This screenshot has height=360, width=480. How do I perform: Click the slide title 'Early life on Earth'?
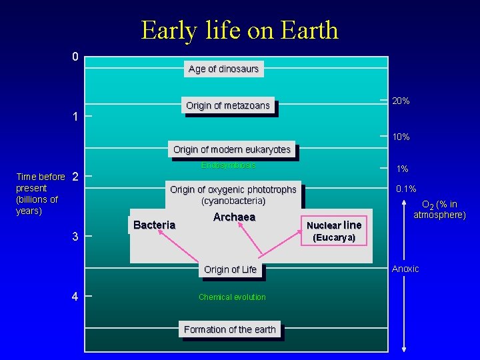point(239,31)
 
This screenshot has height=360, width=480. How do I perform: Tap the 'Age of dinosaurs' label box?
point(223,69)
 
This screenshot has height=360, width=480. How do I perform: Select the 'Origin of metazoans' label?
point(228,105)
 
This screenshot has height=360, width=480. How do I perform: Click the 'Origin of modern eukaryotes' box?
point(232,149)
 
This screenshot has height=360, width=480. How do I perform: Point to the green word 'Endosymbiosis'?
point(228,165)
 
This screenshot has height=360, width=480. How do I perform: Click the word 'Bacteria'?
point(154,225)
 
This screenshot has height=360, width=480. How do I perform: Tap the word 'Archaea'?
point(234,217)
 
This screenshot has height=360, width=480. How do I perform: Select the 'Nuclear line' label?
point(334,225)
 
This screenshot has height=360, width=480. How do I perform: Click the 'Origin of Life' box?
point(230,269)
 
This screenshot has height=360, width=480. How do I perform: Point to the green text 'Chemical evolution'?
point(232,297)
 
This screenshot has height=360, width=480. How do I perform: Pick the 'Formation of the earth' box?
point(229,329)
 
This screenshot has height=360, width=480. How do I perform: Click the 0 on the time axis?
point(75,57)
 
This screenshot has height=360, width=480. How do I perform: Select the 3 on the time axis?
point(75,237)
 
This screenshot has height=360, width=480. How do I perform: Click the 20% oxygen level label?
point(401,101)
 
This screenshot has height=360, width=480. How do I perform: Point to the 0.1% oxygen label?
point(406,189)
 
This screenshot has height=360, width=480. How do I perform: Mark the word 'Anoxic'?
point(405,269)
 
